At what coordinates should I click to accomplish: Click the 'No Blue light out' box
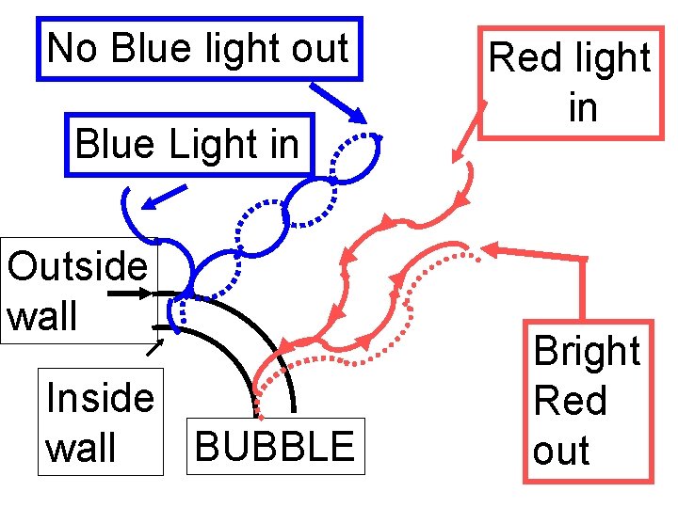(x=198, y=48)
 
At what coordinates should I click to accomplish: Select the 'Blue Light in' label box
(x=187, y=145)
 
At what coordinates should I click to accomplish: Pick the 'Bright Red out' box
(x=588, y=402)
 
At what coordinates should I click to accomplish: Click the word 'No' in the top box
(x=73, y=48)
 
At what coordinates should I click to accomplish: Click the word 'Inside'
(x=100, y=398)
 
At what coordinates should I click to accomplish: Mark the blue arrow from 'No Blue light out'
(x=338, y=102)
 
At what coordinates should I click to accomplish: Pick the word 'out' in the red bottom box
(x=561, y=452)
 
